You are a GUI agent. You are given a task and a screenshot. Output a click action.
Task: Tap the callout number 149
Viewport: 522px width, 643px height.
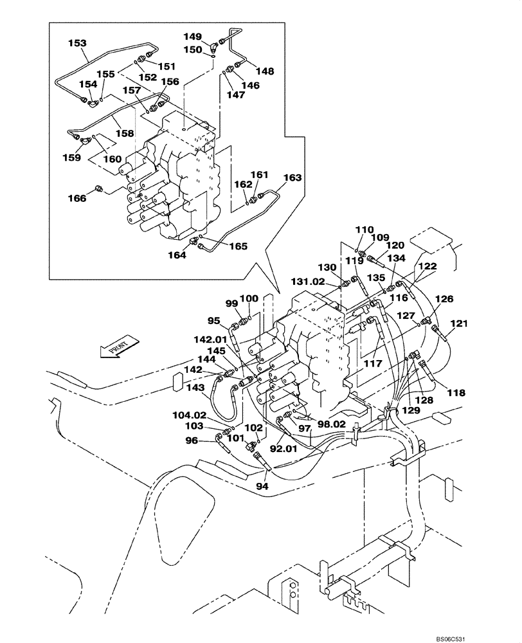193,37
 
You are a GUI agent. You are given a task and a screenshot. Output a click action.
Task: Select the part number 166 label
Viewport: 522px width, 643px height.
77,199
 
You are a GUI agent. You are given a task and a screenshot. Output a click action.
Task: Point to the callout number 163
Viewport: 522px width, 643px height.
292,177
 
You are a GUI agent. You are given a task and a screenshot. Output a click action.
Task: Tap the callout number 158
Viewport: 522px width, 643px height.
125,134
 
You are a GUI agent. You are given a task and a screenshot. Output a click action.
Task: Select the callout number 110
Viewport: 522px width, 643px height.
364,229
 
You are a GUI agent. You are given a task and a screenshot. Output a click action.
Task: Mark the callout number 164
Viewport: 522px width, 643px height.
178,255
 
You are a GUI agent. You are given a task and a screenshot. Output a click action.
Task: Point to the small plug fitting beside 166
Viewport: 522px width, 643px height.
98,189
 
